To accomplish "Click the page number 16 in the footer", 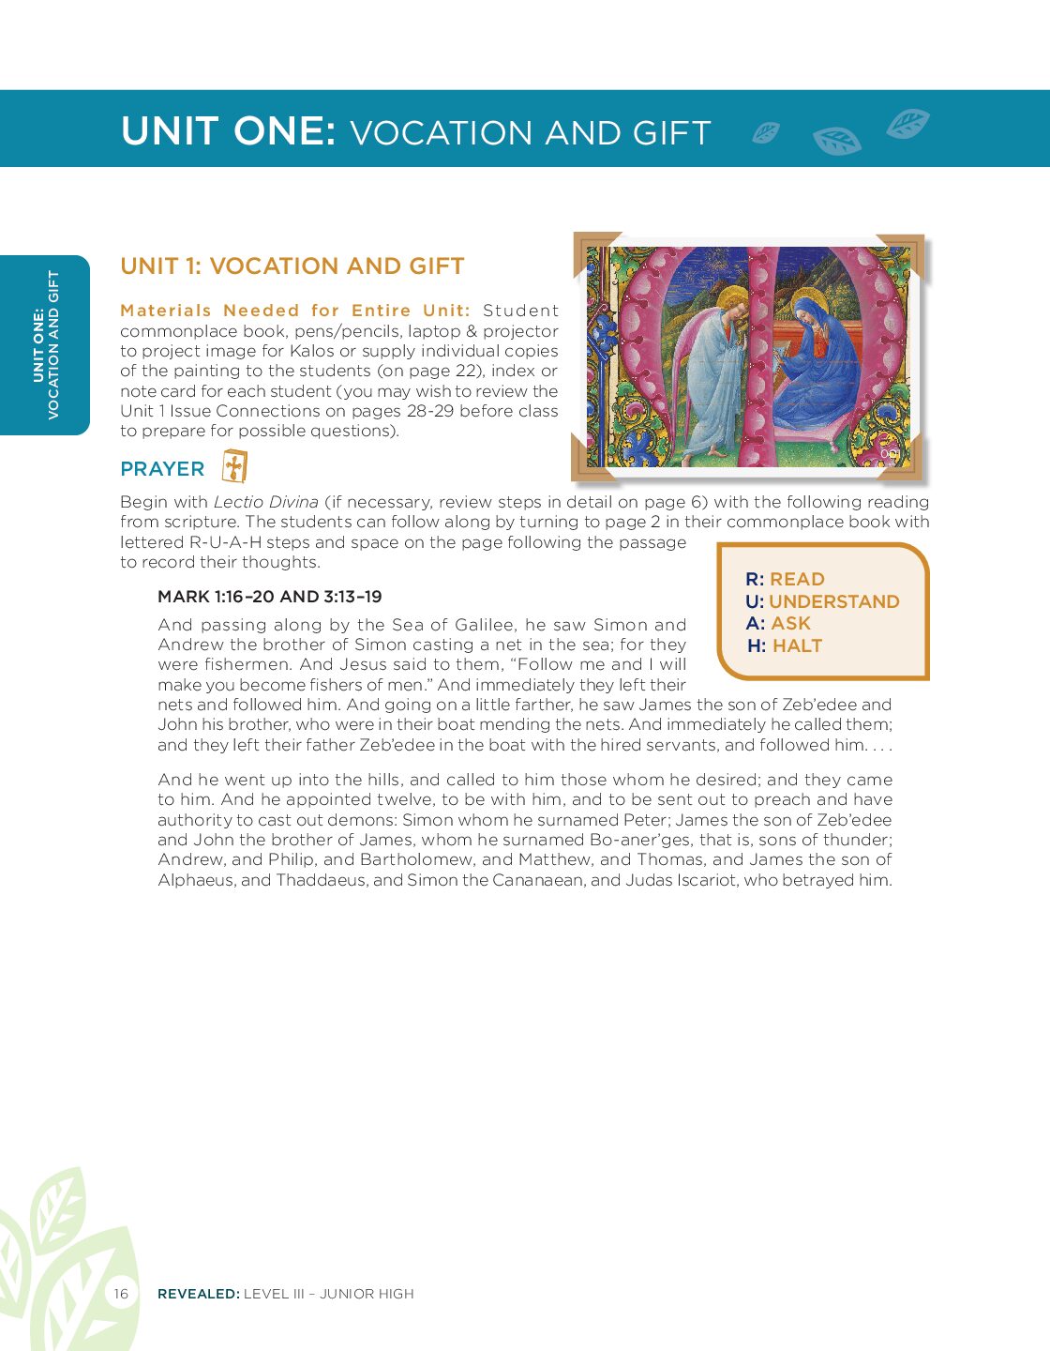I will (x=121, y=1294).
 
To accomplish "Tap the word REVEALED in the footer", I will (x=198, y=1294).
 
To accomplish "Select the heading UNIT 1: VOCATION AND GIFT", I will (x=292, y=266).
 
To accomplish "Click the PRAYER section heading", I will (x=162, y=469).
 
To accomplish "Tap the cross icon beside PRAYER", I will (x=234, y=466).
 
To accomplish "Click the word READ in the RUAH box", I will (x=797, y=580).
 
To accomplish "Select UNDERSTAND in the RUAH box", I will (x=833, y=602).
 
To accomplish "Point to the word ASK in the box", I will (x=790, y=624).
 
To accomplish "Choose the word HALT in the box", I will (x=797, y=646).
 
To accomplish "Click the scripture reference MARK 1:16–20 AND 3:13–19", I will (x=270, y=597).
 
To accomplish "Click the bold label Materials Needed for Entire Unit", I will (x=294, y=311).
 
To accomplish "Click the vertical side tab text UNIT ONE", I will (x=39, y=344).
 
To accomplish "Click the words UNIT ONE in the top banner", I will (x=228, y=131).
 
